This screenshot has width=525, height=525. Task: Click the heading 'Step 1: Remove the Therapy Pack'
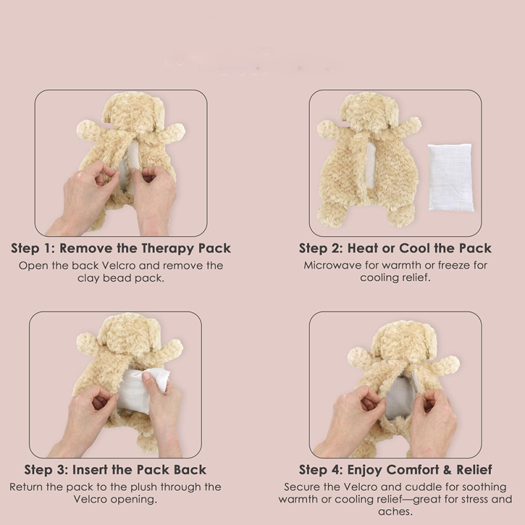tap(121, 249)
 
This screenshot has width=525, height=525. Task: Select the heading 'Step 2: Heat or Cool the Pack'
tap(395, 249)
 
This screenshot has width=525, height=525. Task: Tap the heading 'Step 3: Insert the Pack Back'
tap(115, 470)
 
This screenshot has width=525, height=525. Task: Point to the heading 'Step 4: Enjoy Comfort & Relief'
tap(396, 470)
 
